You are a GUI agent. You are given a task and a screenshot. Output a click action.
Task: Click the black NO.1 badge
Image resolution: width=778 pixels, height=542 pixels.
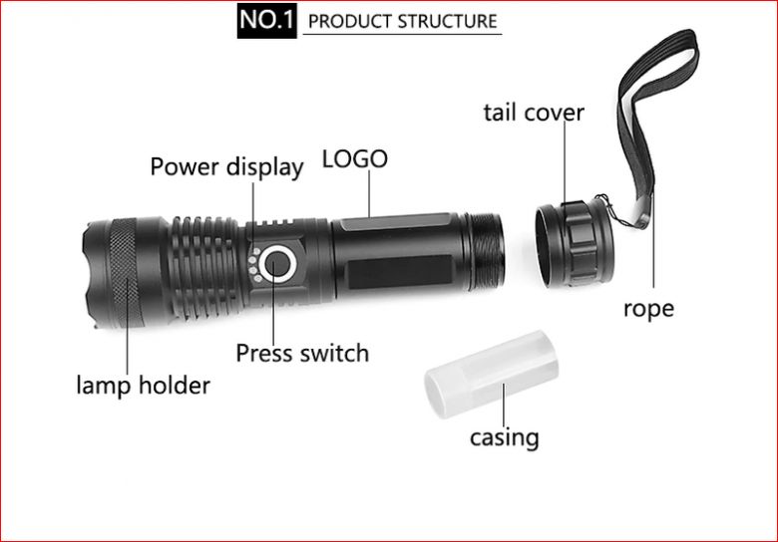pos(266,21)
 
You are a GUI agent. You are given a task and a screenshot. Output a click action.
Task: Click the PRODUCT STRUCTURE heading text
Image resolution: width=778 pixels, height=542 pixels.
pos(402,21)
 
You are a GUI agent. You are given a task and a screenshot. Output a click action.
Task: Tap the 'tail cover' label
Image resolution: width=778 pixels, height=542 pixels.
pos(534,112)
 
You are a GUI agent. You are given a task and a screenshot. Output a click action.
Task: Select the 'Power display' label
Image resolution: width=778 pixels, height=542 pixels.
pos(226,167)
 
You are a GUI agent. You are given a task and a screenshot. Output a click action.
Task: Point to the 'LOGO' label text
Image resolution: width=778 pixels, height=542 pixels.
pos(355,159)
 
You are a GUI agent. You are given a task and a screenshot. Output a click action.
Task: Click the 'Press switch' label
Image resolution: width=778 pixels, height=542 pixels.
pos(302,354)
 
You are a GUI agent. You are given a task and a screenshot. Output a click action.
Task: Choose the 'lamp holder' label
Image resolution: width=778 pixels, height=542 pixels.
pos(144,385)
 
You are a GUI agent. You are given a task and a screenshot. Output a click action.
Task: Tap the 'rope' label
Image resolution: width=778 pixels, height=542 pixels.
pos(648,309)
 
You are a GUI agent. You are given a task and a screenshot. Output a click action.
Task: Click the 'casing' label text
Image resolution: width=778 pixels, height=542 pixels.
pos(504,437)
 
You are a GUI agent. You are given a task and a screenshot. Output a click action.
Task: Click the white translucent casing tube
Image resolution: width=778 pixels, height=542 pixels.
pos(491,374)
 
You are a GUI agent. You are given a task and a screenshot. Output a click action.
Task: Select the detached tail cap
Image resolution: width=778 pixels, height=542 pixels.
pos(575,244)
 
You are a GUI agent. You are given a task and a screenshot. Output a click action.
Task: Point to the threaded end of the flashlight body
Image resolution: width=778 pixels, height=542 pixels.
pos(486,252)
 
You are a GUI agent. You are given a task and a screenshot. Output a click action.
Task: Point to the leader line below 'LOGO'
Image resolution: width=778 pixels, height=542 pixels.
pos(369,193)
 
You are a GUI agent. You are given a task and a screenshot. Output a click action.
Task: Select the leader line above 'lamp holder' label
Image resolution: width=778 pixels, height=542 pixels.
pos(127,327)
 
